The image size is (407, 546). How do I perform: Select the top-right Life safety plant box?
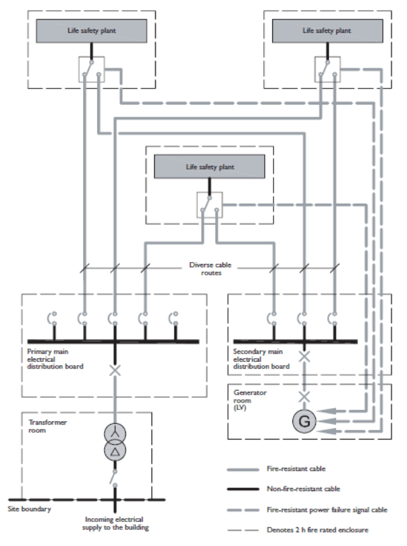[x=327, y=31]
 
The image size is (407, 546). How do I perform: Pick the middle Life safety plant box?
[x=210, y=166]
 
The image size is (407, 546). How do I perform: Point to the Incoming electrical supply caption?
[x=115, y=523]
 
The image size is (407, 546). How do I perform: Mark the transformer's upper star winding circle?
[x=115, y=433]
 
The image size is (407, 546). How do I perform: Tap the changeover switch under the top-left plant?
[x=91, y=69]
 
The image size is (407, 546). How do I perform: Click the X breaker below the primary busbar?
[x=115, y=369]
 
